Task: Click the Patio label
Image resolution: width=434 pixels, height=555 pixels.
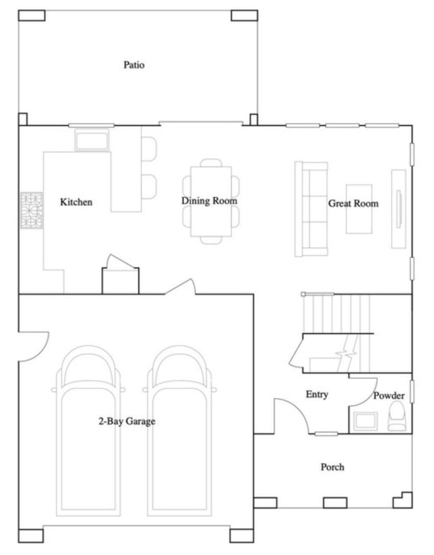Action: (x=134, y=65)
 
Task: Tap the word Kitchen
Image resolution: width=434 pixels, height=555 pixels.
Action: (x=76, y=202)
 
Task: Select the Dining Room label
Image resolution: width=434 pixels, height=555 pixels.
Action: (x=209, y=201)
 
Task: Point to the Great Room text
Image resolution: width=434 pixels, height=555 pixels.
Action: (x=353, y=203)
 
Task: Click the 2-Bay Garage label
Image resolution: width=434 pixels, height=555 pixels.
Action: (x=127, y=421)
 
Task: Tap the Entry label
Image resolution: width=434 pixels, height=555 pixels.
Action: (x=317, y=394)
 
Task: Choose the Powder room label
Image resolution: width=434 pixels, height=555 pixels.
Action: (x=389, y=395)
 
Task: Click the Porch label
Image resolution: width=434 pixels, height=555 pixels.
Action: (x=332, y=467)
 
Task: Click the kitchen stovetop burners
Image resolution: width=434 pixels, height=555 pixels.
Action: (x=32, y=210)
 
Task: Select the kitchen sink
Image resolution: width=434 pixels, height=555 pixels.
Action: (x=92, y=140)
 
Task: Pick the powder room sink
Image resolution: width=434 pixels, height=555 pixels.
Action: (x=364, y=421)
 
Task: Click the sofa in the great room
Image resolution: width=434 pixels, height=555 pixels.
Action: (x=311, y=209)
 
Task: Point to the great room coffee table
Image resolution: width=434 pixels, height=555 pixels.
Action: (x=359, y=209)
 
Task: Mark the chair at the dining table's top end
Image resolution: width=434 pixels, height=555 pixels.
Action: (x=211, y=163)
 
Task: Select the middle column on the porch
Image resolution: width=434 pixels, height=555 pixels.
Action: (x=335, y=502)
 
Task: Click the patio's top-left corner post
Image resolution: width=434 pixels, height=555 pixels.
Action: (x=32, y=15)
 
